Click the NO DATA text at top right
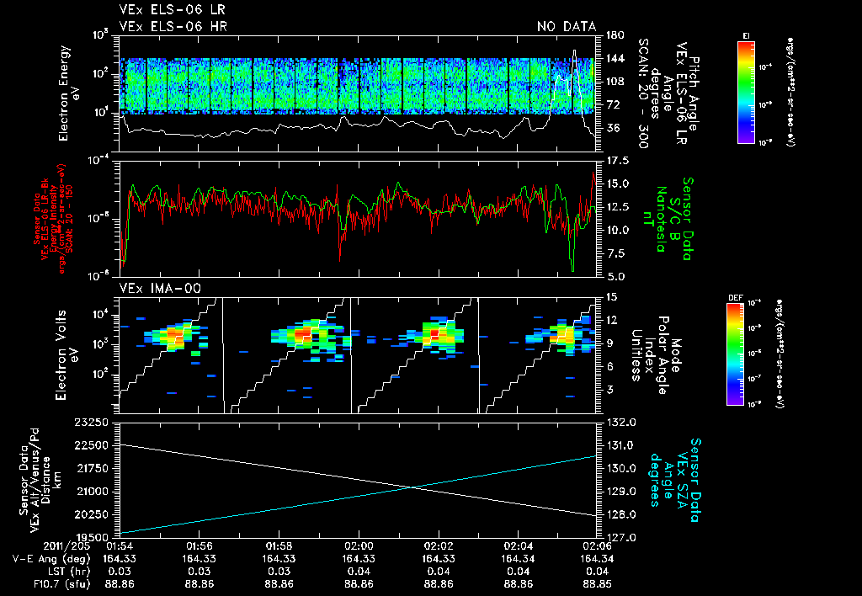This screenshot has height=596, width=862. click(567, 27)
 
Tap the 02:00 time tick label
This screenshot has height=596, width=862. click(359, 545)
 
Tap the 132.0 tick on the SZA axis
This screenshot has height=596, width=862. click(616, 421)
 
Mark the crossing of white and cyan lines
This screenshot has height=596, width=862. click(412, 487)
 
